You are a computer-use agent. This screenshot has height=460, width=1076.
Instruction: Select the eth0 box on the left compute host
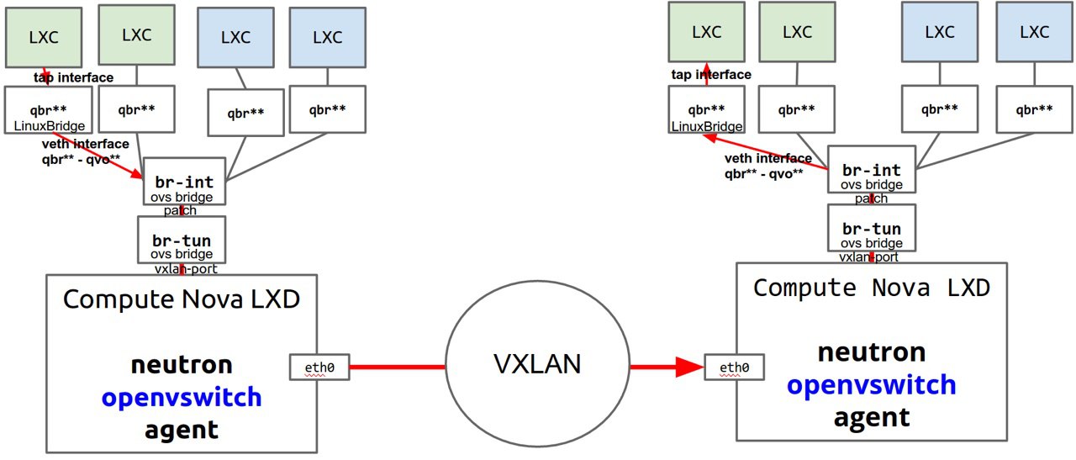(x=319, y=367)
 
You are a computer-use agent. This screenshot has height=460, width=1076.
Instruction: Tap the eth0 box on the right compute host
(x=733, y=367)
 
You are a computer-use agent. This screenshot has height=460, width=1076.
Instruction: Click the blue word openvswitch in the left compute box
(x=182, y=396)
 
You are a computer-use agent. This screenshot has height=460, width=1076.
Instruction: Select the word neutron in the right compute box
(x=872, y=352)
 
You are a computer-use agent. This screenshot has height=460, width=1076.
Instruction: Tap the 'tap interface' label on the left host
(x=74, y=77)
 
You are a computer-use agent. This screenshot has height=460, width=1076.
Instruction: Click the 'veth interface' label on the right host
(x=768, y=158)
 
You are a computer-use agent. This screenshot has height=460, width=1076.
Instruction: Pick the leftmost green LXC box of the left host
(x=44, y=38)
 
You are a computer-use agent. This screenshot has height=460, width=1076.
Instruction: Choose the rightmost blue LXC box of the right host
(x=1033, y=33)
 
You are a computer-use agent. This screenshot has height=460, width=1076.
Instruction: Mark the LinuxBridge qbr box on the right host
(x=707, y=116)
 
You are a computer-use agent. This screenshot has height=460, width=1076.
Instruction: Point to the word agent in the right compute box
(x=872, y=417)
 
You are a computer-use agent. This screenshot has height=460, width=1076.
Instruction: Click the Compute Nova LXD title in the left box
(x=182, y=299)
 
